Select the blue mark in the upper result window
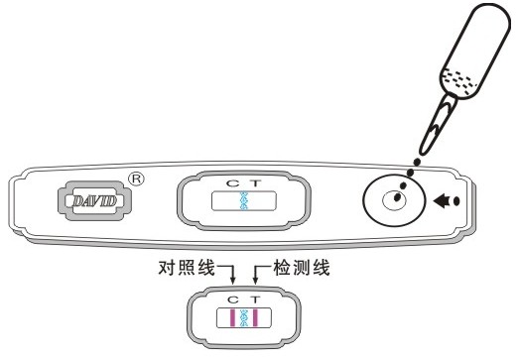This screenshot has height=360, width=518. (243, 202)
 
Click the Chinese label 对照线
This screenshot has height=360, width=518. (185, 268)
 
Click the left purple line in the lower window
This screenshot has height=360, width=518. (234, 317)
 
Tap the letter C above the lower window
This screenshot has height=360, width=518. (233, 299)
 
